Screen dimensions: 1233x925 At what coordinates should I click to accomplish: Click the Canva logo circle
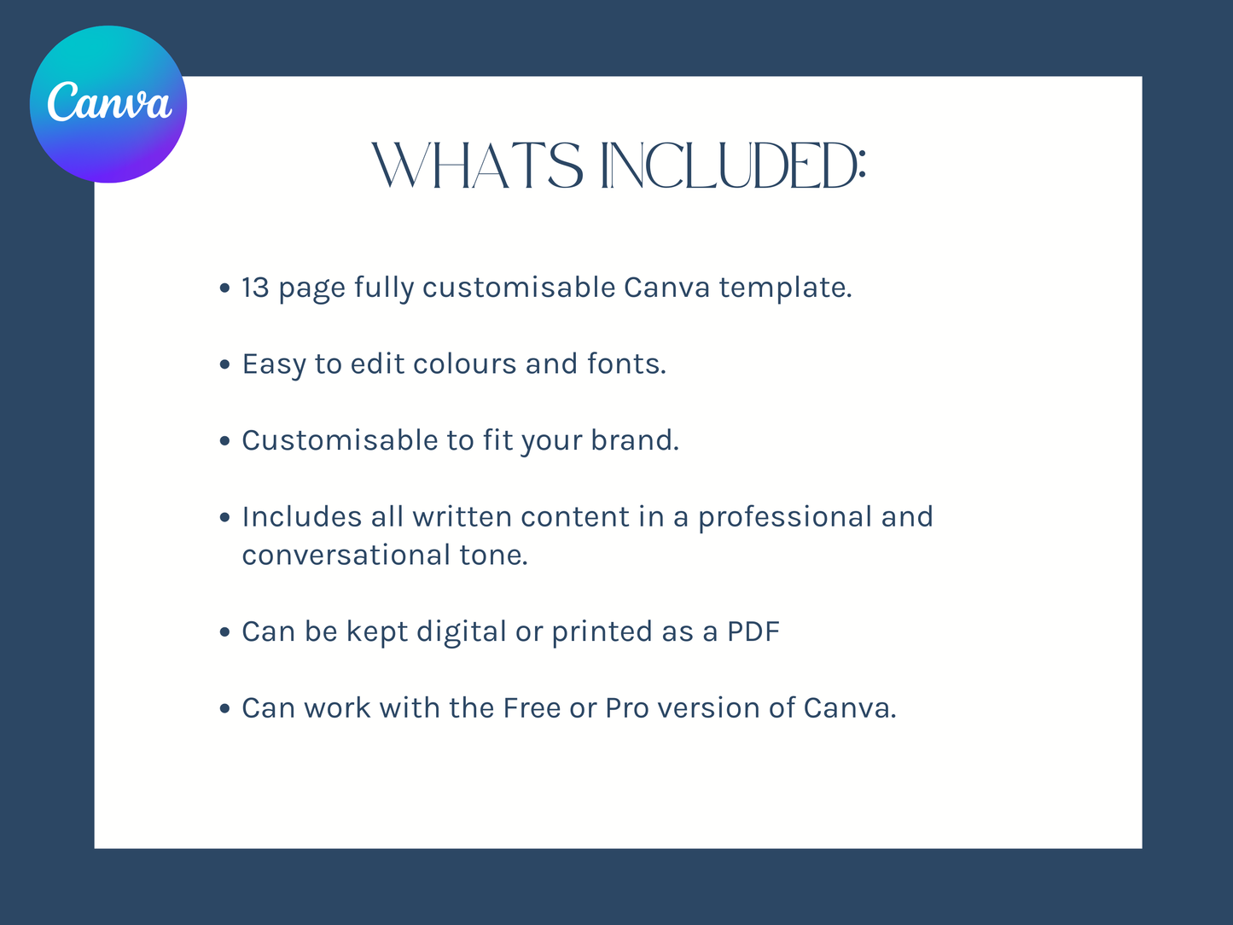point(108,104)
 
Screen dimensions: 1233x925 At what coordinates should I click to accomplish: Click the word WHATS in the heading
point(478,166)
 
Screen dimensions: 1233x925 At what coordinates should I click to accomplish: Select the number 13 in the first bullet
point(256,288)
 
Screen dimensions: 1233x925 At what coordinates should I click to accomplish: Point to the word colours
point(464,364)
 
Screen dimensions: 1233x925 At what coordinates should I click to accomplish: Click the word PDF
point(753,631)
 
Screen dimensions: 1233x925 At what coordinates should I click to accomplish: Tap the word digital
point(462,631)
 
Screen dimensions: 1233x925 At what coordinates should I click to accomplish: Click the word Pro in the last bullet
point(627,707)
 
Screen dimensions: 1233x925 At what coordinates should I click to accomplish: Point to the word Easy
point(274,364)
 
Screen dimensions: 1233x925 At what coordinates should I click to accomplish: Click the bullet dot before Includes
point(224,517)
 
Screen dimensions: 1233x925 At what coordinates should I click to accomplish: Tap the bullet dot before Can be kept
point(224,631)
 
